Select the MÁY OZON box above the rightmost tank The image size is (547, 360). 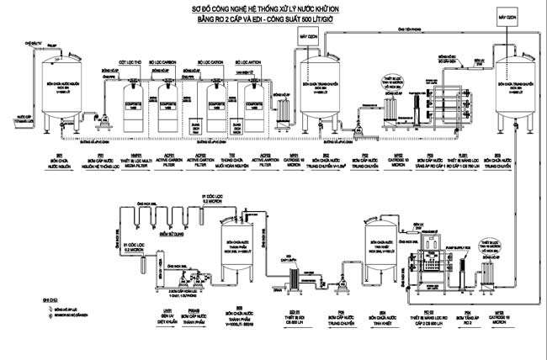(x=507, y=19)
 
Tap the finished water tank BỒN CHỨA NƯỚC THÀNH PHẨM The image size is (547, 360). (x=240, y=248)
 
